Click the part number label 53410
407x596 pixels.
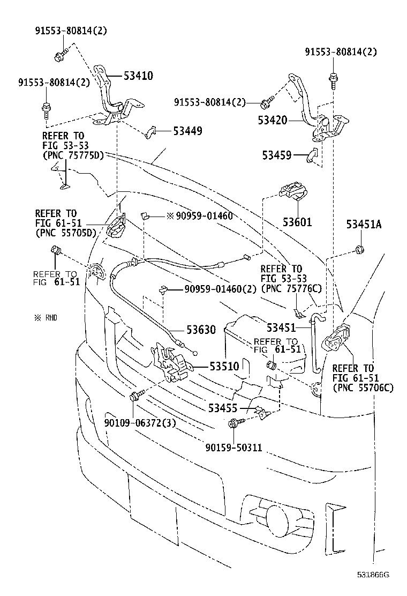(x=138, y=76)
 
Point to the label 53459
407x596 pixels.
(x=277, y=155)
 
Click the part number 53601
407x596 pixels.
(x=297, y=221)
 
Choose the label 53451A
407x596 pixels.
(x=363, y=225)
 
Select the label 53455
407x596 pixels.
(x=223, y=408)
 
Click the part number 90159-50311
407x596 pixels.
(x=233, y=447)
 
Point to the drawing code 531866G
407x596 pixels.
(x=373, y=575)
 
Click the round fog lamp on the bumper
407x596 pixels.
(x=278, y=519)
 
